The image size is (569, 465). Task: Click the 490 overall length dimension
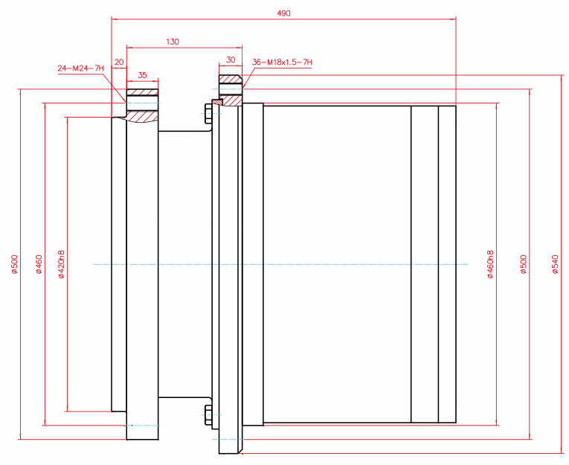pos(283,13)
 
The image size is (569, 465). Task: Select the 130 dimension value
pos(173,42)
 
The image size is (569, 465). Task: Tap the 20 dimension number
pos(119,62)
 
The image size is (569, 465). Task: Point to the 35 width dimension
pos(142,75)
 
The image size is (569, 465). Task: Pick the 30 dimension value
pos(230,60)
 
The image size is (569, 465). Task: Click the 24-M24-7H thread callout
pos(80,68)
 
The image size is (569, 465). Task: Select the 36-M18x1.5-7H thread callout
pos(282,62)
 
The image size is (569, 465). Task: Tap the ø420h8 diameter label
pos(61,264)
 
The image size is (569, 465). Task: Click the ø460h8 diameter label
pos(490,264)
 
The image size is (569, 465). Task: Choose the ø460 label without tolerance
pos(39,264)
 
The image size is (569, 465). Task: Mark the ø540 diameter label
pos(555,264)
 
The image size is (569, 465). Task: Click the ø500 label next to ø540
pos(524,264)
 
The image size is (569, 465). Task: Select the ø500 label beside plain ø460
pos(14,264)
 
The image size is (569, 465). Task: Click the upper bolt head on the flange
pos(207,112)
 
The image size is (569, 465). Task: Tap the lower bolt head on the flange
pos(207,417)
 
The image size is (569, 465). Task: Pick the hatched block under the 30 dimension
pos(230,78)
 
